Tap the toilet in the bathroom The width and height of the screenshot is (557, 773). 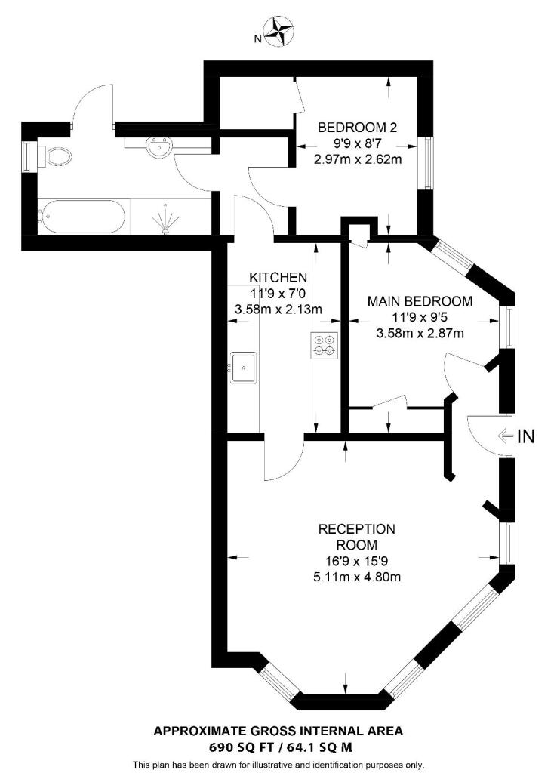[57, 156]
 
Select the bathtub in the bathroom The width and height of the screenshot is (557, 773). [83, 217]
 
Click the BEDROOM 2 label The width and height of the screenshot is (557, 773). [357, 127]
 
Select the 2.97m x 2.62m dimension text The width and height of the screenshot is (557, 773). [357, 159]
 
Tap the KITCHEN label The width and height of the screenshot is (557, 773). [278, 276]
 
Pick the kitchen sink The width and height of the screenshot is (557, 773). [245, 368]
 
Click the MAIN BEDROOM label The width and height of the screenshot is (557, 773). [420, 300]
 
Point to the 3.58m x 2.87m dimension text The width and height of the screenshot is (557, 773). [420, 333]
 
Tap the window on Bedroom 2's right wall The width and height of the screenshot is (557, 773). [428, 163]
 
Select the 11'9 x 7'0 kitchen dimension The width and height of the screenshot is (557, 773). [278, 293]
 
